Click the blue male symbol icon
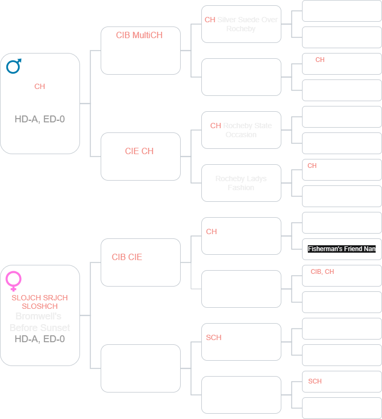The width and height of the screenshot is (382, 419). (14, 66)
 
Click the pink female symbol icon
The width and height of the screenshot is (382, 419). (14, 280)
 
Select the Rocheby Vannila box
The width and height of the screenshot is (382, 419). (140, 157)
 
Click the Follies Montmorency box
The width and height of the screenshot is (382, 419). (140, 262)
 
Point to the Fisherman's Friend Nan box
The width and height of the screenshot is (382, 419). (342, 248)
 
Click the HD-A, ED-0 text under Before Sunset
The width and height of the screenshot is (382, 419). (40, 338)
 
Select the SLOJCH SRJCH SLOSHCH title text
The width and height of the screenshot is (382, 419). (40, 302)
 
